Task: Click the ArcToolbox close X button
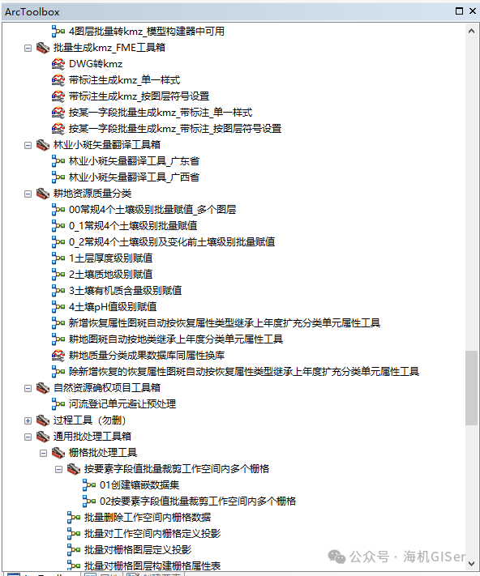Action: (x=473, y=11)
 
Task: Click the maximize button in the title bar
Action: (x=459, y=11)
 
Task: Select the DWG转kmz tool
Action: (x=96, y=64)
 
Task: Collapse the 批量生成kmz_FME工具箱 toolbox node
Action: (x=28, y=48)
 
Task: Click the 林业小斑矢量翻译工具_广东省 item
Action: (x=134, y=161)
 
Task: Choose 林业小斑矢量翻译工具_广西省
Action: (x=134, y=177)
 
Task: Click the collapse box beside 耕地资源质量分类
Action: (x=28, y=194)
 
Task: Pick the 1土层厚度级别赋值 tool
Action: (x=110, y=258)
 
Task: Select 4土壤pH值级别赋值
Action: (x=113, y=307)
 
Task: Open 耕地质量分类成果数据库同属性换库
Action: (x=147, y=355)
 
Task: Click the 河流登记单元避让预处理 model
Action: (x=122, y=404)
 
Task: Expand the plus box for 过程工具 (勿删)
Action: (x=28, y=420)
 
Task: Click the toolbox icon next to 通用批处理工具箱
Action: (x=43, y=437)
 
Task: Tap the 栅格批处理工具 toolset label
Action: (x=103, y=453)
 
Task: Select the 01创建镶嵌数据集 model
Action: (x=139, y=485)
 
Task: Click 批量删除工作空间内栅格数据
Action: (x=148, y=517)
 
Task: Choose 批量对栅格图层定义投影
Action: (x=138, y=549)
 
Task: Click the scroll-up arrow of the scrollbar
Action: (x=471, y=32)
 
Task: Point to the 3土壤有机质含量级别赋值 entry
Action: (x=126, y=291)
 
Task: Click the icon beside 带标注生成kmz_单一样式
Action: (x=58, y=80)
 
